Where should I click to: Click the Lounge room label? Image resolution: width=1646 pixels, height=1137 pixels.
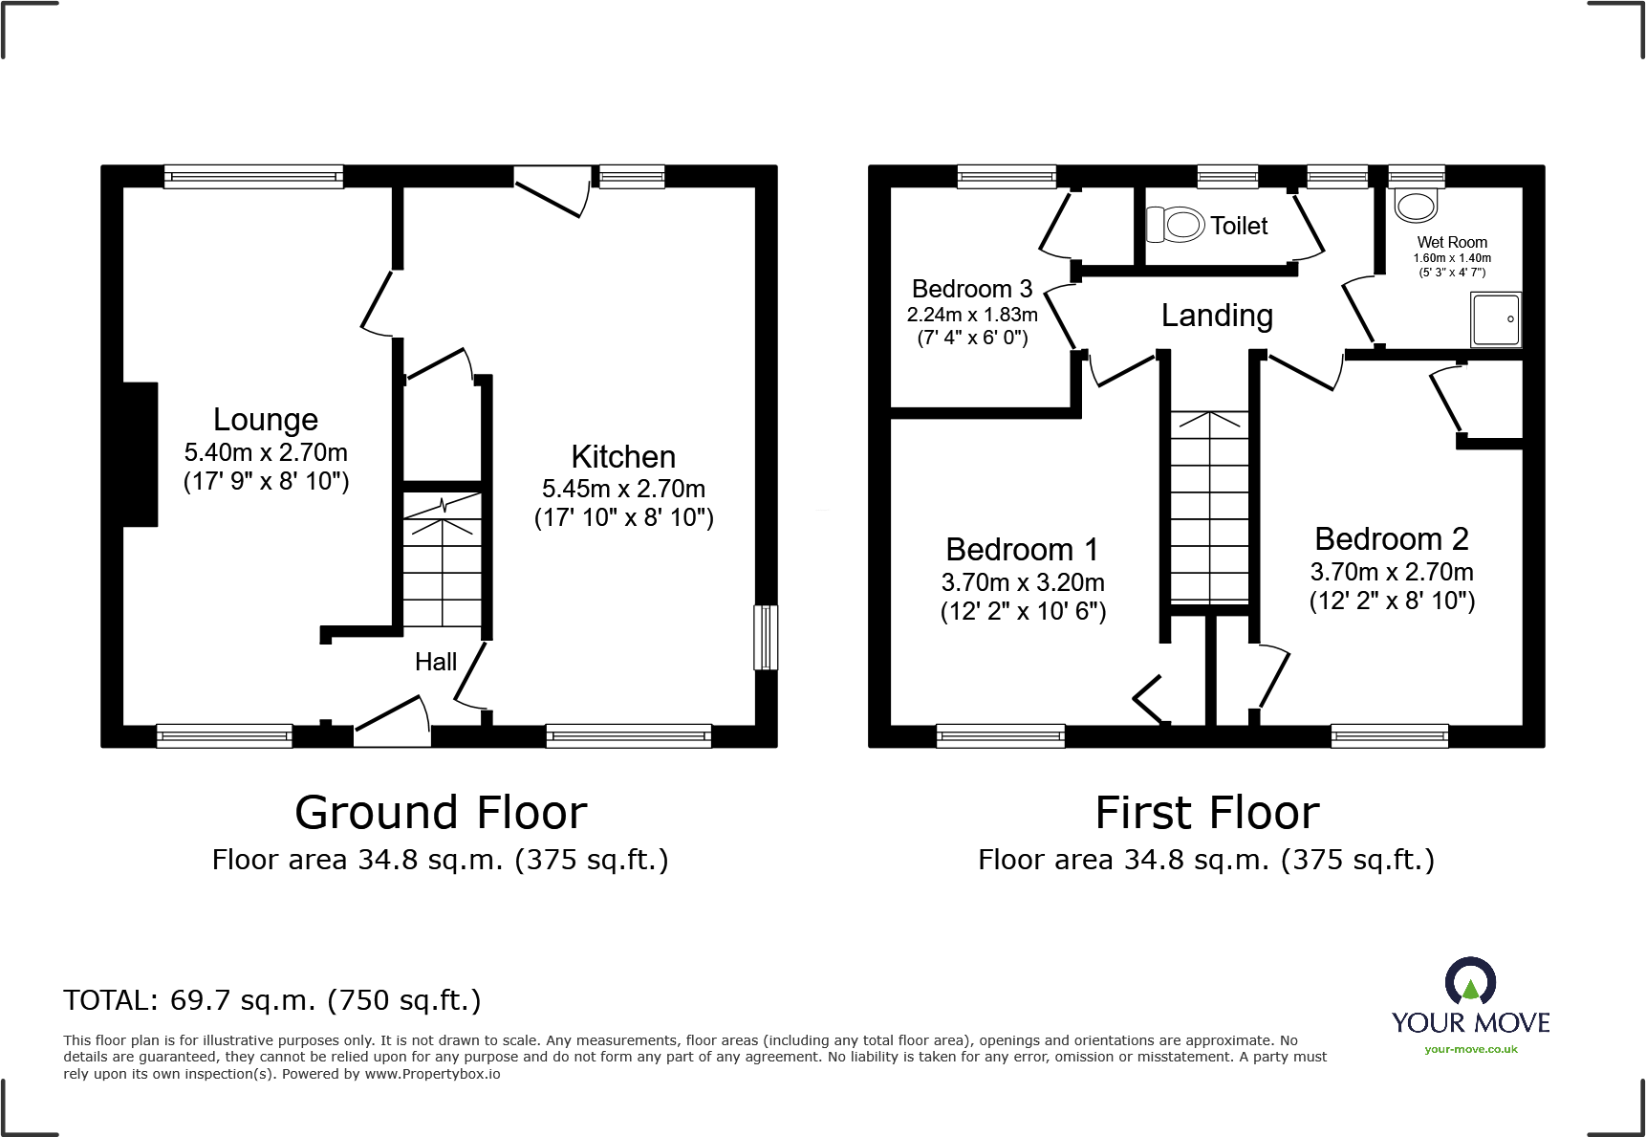265,420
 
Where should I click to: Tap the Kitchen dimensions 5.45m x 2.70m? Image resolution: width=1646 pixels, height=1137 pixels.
623,489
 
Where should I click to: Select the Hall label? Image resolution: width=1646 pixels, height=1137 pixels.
436,662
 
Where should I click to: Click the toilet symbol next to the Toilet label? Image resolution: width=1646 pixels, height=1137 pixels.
1176,225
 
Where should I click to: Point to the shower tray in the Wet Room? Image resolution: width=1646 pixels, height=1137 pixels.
1495,319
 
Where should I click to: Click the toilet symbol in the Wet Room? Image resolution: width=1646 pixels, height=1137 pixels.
1416,205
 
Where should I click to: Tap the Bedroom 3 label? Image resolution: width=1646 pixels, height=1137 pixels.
972,289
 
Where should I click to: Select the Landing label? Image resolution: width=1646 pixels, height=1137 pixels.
1217,316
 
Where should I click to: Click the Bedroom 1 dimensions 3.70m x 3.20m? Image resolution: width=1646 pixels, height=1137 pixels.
1023,582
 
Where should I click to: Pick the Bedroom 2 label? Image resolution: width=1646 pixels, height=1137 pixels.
1392,539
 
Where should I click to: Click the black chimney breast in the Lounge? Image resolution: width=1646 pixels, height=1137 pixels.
140,454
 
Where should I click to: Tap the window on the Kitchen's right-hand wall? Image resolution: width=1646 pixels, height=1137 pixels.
765,637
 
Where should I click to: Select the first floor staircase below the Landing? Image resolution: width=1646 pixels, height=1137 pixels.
1209,507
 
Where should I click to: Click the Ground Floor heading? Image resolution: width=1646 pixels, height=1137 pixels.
441,813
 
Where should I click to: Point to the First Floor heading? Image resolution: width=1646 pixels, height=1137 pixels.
1207,813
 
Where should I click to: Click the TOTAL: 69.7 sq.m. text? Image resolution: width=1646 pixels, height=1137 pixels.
272,1000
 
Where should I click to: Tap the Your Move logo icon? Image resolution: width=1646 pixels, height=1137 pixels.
1470,982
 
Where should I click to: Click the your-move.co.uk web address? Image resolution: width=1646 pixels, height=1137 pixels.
1470,1049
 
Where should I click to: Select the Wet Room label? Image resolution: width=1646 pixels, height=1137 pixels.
1452,243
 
